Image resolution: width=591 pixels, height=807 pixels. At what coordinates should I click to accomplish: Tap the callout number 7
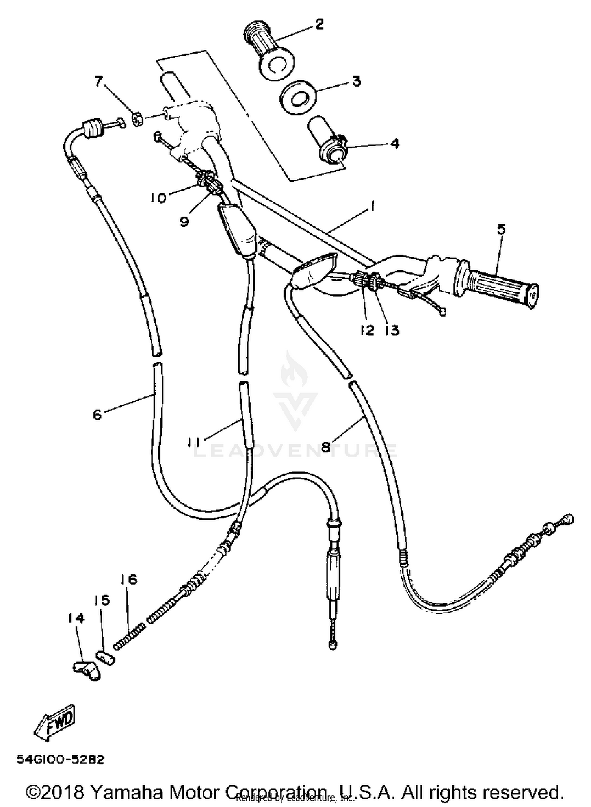98,81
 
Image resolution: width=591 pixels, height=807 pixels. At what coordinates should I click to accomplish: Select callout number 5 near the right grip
501,229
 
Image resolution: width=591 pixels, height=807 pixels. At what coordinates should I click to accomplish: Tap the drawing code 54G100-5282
60,759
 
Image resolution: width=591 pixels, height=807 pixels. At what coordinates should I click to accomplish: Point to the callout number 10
158,198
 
